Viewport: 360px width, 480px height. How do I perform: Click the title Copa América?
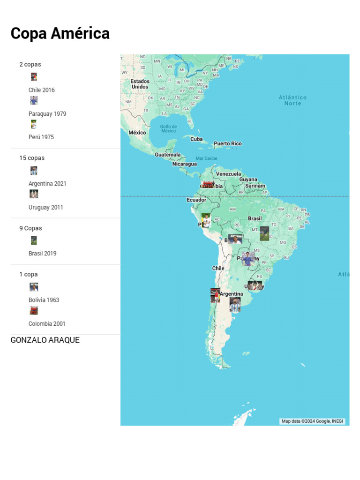pos(60,34)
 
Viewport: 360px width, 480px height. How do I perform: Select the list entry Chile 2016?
pos(41,90)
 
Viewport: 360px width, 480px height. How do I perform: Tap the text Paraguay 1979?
pos(47,114)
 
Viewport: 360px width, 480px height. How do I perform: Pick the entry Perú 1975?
pos(41,137)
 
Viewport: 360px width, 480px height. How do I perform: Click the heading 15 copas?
pos(32,158)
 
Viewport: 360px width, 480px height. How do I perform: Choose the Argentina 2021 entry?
pos(47,184)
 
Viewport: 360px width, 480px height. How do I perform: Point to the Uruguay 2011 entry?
pos(45,207)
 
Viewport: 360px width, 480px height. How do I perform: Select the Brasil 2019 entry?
pos(42,254)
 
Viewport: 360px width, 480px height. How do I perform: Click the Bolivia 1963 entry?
pos(44,300)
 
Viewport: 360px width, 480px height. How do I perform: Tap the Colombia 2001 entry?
pos(47,324)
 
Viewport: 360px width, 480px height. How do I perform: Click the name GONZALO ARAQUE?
pos(45,340)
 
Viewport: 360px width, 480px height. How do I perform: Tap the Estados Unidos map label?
pos(140,84)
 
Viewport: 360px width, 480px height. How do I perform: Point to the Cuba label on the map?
pos(196,139)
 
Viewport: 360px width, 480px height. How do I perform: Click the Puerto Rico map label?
pos(228,144)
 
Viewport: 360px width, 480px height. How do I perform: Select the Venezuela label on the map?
pos(228,174)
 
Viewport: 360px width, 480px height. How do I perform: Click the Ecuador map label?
pos(196,200)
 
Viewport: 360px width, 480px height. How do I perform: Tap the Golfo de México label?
pos(168,128)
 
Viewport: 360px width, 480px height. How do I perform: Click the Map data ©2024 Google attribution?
pos(312,421)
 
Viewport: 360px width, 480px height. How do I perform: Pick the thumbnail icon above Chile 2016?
pos(34,77)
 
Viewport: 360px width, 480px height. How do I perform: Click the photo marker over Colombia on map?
pos(208,185)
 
